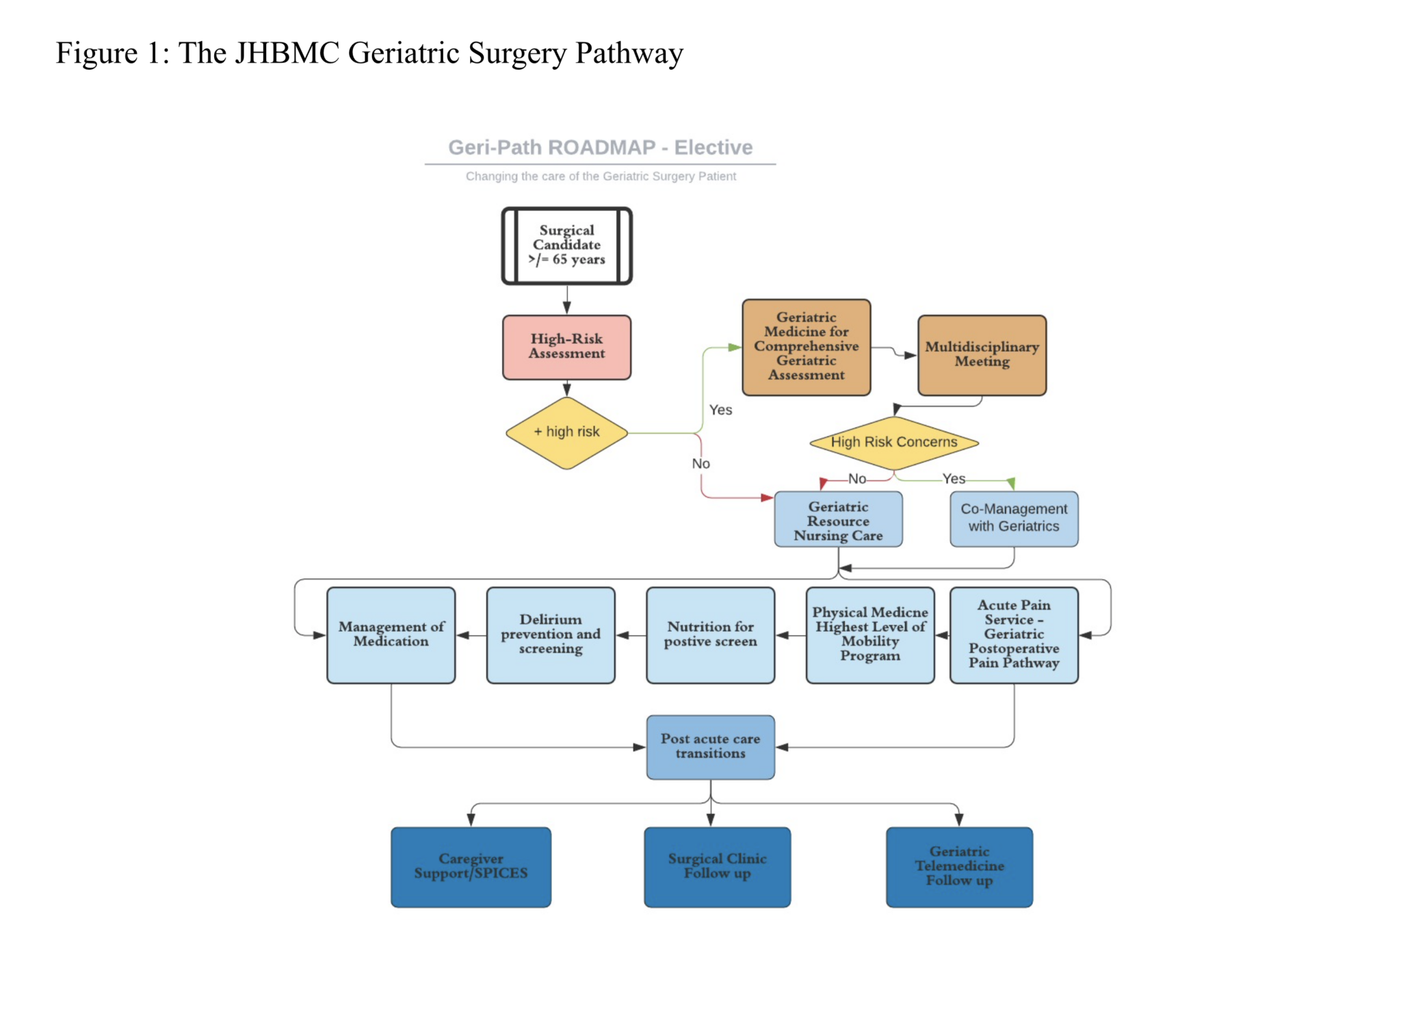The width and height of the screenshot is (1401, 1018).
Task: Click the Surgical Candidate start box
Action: (x=566, y=245)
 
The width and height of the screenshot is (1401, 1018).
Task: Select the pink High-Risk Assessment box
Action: (x=566, y=347)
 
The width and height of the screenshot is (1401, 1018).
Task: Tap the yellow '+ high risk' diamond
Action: (x=566, y=432)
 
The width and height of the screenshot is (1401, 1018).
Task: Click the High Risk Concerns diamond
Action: (x=893, y=442)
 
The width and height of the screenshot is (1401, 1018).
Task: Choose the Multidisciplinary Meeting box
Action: (x=982, y=354)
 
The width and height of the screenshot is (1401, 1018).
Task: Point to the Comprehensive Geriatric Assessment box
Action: (x=806, y=347)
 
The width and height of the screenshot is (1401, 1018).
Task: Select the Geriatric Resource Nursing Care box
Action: (x=838, y=520)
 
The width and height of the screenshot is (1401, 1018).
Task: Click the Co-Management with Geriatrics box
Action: (x=1013, y=519)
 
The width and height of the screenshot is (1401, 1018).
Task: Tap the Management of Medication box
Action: (x=391, y=634)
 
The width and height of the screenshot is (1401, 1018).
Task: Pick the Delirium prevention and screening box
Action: (x=550, y=634)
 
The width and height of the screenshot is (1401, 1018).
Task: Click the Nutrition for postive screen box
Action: (x=710, y=634)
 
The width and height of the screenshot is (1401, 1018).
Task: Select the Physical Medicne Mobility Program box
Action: (x=869, y=634)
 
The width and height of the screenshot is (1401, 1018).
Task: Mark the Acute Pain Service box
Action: (x=1013, y=634)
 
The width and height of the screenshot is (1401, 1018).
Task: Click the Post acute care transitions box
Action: (x=710, y=746)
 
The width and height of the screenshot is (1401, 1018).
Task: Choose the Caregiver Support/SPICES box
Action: (x=471, y=866)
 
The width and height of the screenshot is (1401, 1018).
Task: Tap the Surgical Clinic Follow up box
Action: (x=717, y=866)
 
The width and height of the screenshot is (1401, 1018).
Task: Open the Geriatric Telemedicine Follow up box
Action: (x=959, y=866)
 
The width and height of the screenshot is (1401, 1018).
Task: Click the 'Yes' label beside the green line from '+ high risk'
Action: (x=720, y=410)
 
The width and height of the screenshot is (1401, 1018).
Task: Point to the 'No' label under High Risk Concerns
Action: (x=856, y=479)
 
